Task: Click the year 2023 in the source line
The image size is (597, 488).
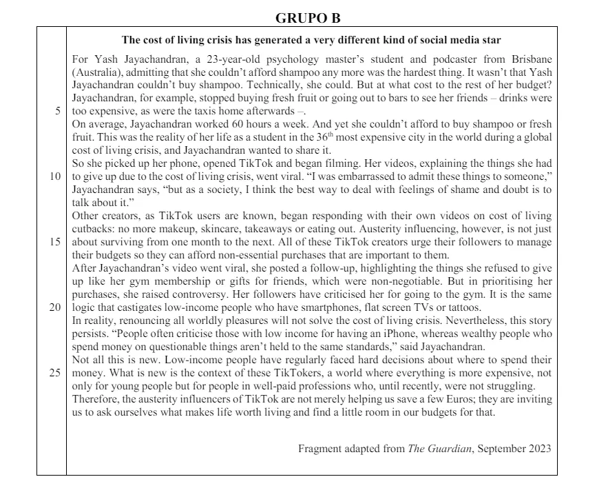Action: pos(538,449)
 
